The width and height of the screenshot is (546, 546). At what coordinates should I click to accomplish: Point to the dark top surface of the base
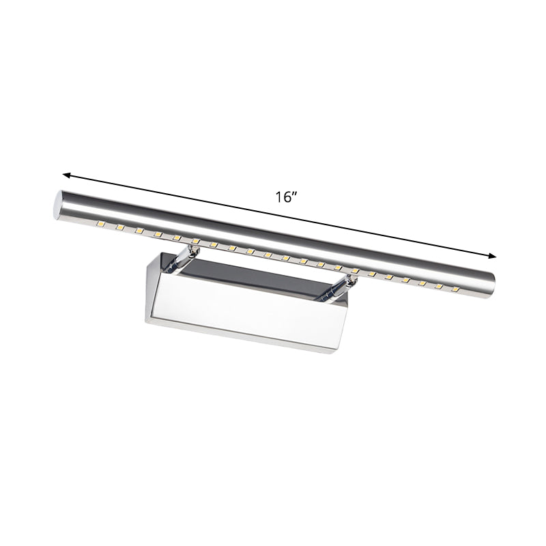[259, 273]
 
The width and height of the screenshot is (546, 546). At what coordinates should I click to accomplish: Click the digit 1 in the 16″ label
[278, 198]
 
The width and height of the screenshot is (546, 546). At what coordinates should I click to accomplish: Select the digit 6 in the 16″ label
[286, 198]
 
